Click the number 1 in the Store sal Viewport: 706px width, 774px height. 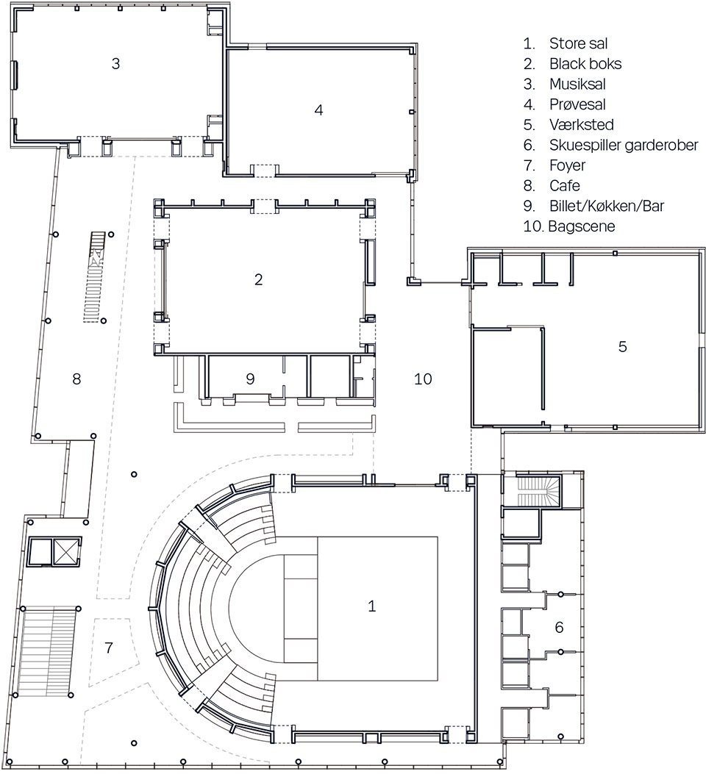tap(372, 606)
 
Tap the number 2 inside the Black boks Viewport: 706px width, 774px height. tap(258, 279)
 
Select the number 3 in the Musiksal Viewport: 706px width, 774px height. tap(115, 63)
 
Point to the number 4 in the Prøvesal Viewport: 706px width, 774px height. tap(318, 110)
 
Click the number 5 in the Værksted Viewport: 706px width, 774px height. tap(622, 346)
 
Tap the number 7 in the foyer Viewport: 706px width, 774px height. tap(109, 648)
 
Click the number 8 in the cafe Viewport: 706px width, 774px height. tap(76, 379)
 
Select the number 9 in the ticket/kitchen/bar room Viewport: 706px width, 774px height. tap(250, 379)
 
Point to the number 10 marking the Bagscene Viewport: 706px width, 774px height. tap(423, 379)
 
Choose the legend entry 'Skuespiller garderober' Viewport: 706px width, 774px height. tap(624, 145)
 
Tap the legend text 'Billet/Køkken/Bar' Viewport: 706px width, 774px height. tap(606, 207)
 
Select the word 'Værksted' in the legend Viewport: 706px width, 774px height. tap(581, 124)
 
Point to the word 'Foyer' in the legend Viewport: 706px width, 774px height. tap(567, 165)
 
